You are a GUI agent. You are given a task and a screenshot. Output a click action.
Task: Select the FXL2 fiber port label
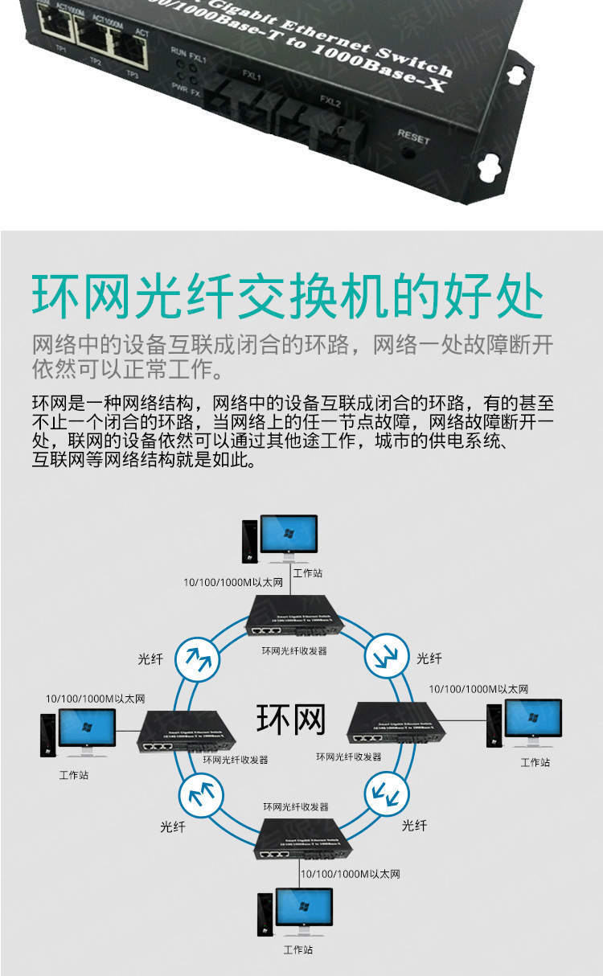(x=330, y=103)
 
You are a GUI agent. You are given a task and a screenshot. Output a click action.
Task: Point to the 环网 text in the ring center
(x=291, y=720)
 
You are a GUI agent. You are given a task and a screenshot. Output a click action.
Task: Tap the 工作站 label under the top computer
(x=308, y=573)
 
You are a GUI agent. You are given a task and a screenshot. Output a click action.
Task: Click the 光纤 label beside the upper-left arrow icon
(x=150, y=659)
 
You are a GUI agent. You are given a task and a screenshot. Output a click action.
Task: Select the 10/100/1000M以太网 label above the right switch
(x=478, y=689)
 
